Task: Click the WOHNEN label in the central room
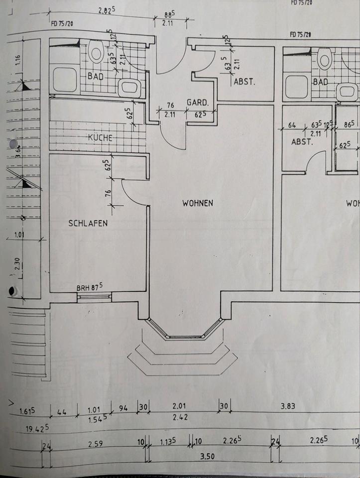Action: (198, 203)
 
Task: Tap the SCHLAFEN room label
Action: (88, 224)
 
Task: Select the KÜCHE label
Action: (100, 138)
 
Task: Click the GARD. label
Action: (197, 102)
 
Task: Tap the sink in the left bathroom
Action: (129, 88)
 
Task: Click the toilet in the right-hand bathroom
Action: (325, 59)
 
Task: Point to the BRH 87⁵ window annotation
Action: (90, 287)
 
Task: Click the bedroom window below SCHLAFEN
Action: (94, 297)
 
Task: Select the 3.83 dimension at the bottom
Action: (288, 406)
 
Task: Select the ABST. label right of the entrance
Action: (244, 83)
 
